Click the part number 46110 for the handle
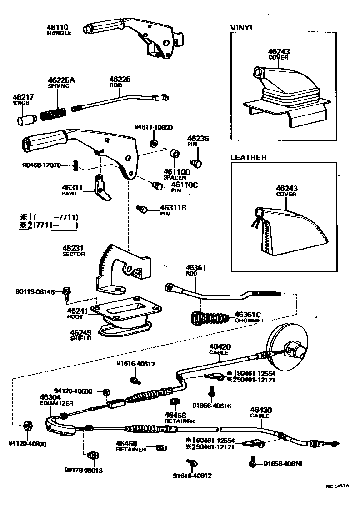pyautogui.click(x=57, y=27)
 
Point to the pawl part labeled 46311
pyautogui.click(x=102, y=188)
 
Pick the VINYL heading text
pyautogui.click(x=242, y=28)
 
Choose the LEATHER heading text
pyautogui.click(x=248, y=157)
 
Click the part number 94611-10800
pyautogui.click(x=153, y=128)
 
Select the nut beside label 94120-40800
pyautogui.click(x=27, y=426)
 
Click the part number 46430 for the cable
pyautogui.click(x=260, y=410)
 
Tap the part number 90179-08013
pyautogui.click(x=83, y=471)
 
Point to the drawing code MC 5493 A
pyautogui.click(x=337, y=486)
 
